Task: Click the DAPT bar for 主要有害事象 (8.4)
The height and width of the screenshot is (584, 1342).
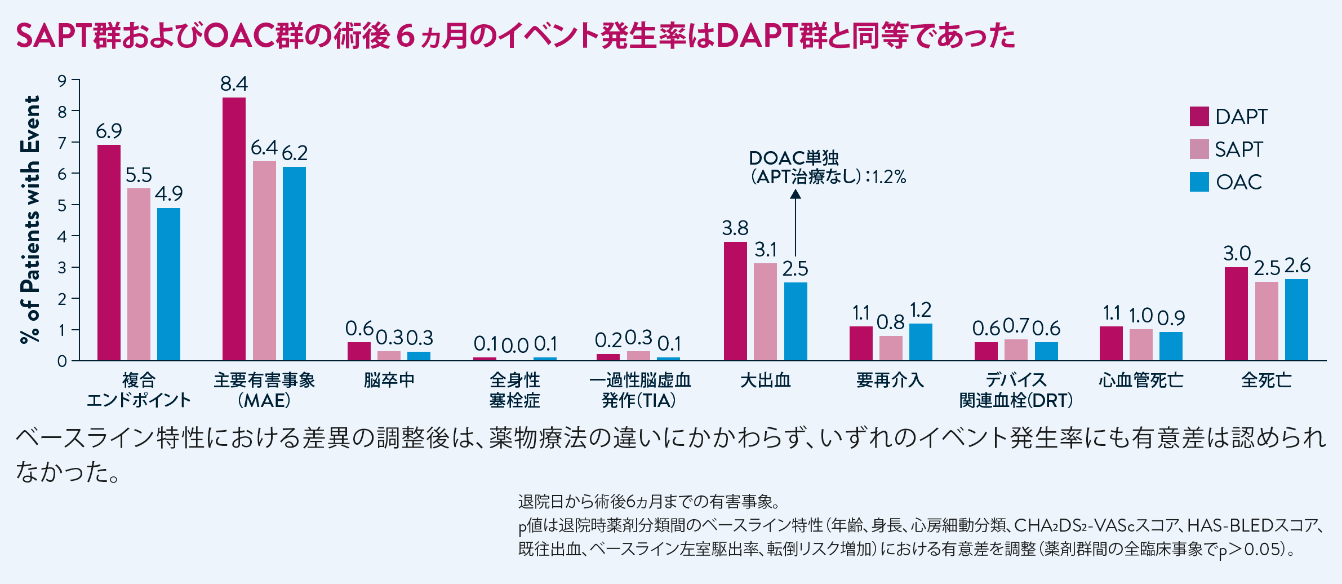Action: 234,228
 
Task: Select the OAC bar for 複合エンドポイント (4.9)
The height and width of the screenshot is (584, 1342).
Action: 168,284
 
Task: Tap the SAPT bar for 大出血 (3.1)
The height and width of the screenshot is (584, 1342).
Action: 765,311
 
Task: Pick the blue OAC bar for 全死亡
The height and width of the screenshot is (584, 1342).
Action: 1296,319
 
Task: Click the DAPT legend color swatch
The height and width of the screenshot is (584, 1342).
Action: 1199,116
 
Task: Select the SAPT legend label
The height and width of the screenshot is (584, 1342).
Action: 1238,149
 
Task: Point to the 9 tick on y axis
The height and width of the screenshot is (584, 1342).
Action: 62,81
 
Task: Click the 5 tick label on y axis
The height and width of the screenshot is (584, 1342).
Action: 62,205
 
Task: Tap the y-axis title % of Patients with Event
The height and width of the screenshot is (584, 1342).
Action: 30,220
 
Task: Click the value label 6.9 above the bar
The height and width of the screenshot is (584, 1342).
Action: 109,131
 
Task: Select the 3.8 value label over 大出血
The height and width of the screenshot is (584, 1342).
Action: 735,228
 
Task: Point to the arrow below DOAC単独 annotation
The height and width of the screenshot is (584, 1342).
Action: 795,223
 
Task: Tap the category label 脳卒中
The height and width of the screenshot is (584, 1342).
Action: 389,381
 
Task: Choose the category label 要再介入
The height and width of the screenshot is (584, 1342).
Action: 890,381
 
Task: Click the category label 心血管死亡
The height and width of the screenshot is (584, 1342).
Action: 1141,381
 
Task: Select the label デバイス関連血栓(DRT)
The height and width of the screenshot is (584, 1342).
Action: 1016,390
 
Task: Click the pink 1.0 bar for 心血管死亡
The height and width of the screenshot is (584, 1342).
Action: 1141,344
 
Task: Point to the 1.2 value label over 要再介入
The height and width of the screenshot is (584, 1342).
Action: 921,310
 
